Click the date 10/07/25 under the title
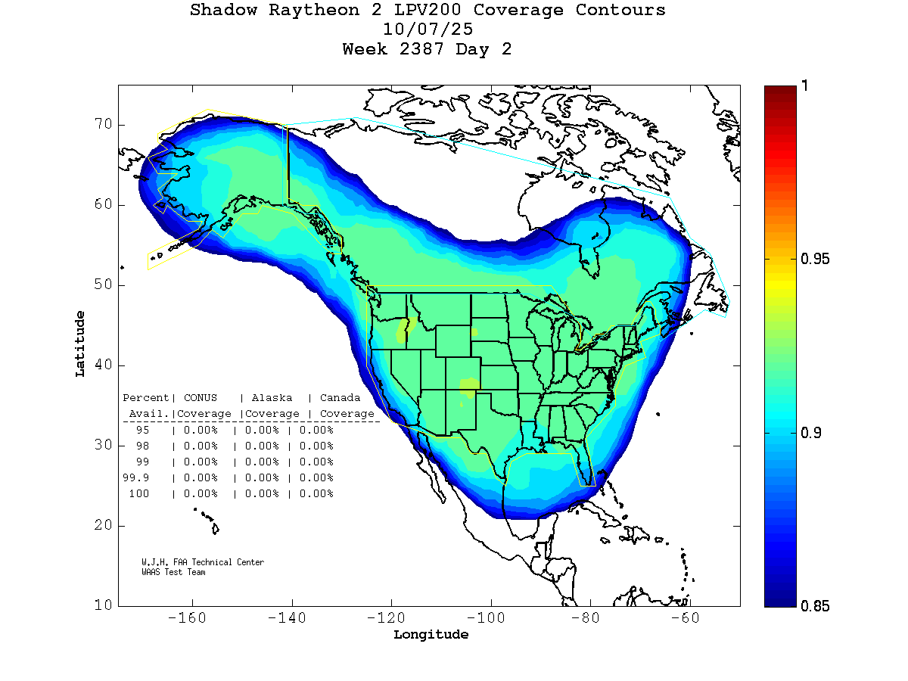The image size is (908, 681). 428,30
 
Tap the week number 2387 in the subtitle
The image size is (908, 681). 426,49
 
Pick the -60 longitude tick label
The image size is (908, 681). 689,618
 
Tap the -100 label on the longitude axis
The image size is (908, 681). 490,618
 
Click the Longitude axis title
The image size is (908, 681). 431,635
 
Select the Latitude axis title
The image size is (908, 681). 79,344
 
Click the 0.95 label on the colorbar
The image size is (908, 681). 815,260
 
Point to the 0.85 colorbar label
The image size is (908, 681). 815,605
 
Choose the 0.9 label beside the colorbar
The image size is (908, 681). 811,432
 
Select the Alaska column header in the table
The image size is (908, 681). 272,397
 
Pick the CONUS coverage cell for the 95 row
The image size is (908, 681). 201,430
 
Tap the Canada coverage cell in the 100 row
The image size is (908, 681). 316,494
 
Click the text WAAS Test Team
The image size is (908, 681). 173,572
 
